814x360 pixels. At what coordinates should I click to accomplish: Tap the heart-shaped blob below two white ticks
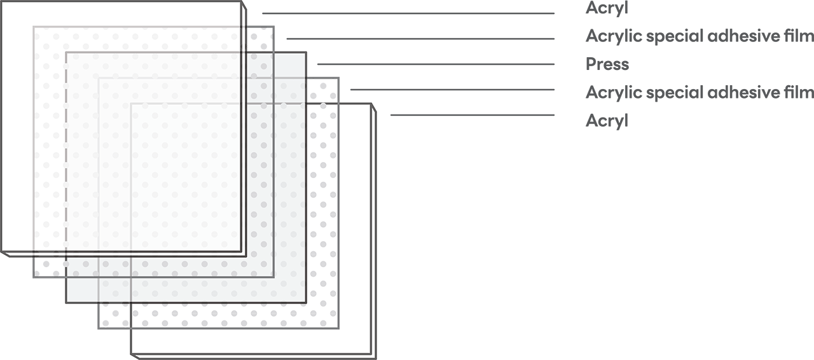(x=323, y=92)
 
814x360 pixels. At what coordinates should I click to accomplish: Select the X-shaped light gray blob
(x=114, y=315)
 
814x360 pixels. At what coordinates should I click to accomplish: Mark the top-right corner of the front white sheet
(x=240, y=3)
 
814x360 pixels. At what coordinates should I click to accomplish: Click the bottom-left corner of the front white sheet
(x=3, y=251)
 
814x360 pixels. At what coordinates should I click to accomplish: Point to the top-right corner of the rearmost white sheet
(x=370, y=106)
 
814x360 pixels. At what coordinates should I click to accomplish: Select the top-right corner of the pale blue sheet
(x=305, y=54)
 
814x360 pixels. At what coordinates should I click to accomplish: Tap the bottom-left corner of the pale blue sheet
(x=68, y=301)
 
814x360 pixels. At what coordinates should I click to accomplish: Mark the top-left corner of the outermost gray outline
(x=34, y=27)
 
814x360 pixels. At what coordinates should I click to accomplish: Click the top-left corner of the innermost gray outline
(x=131, y=104)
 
